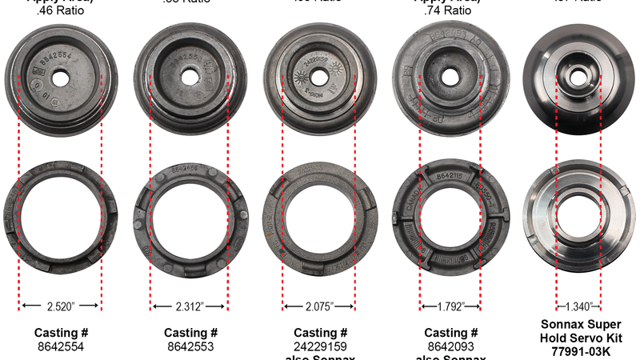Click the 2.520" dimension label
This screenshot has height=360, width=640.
coord(60,306)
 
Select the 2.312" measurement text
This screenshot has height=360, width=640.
coord(190,306)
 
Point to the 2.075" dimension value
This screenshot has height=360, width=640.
coord(320,306)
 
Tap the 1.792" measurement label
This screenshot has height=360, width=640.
coord(450,306)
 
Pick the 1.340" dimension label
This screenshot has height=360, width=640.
coord(578,306)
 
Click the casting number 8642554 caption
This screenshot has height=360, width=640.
coord(60,347)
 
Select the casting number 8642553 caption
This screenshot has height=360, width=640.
coord(190,347)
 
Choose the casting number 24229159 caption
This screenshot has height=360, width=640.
coord(321,347)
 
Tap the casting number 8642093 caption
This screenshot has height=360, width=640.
coord(451,347)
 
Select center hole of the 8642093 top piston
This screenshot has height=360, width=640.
coord(450,76)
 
